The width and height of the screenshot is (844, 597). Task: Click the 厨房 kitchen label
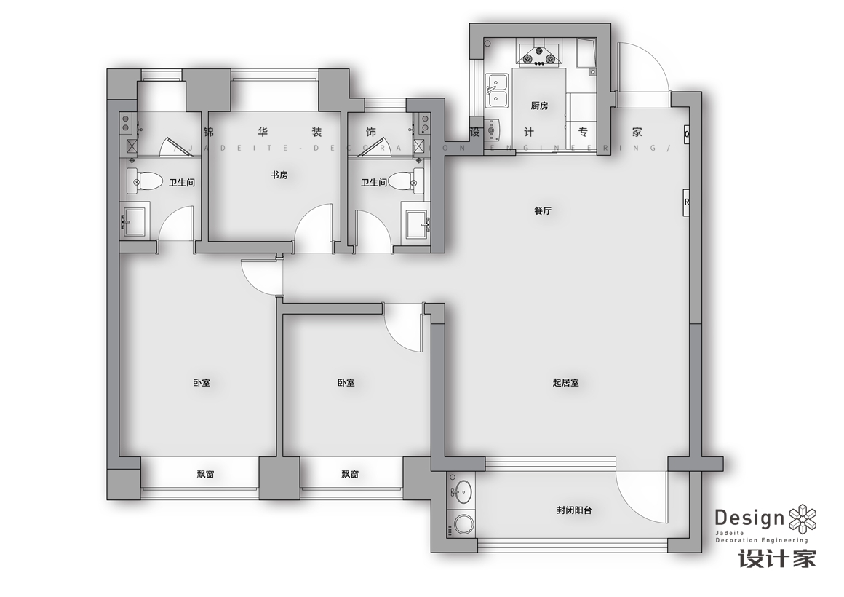pyautogui.click(x=539, y=106)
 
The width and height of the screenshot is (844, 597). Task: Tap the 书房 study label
pyautogui.click(x=279, y=175)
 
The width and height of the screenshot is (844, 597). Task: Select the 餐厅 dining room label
pyautogui.click(x=543, y=211)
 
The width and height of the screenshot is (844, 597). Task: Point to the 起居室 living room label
pyautogui.click(x=566, y=383)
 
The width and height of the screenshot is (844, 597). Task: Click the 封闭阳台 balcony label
pyautogui.click(x=574, y=510)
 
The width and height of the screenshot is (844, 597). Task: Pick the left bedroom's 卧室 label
pyautogui.click(x=202, y=383)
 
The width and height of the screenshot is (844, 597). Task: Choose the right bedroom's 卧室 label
pyautogui.click(x=346, y=383)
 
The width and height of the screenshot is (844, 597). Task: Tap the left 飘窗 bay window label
pyautogui.click(x=206, y=474)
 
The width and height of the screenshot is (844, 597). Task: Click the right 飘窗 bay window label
pyautogui.click(x=350, y=474)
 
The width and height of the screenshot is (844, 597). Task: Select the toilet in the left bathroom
pyautogui.click(x=144, y=181)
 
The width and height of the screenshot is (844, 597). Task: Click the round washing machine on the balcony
pyautogui.click(x=462, y=523)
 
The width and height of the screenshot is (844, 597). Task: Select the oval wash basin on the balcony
pyautogui.click(x=462, y=491)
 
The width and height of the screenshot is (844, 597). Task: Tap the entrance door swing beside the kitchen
pyautogui.click(x=642, y=67)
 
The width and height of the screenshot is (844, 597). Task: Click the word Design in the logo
pyautogui.click(x=749, y=518)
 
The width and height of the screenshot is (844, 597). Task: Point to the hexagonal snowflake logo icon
pyautogui.click(x=803, y=518)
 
